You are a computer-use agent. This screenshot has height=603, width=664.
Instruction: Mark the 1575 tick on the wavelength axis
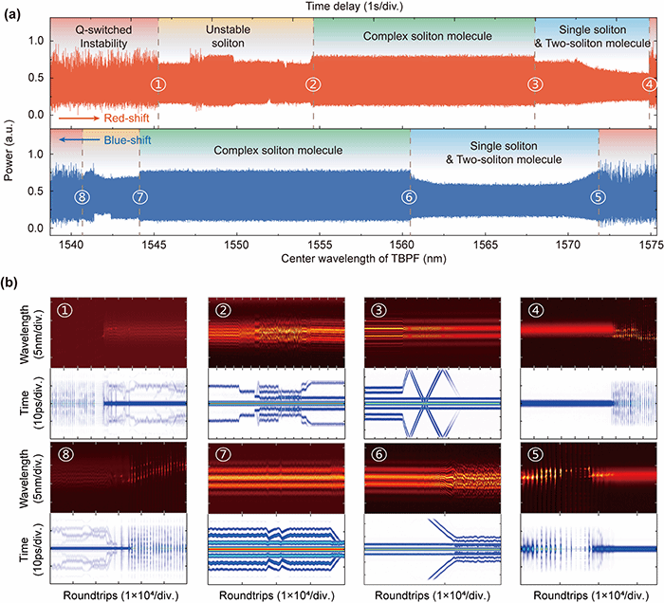[651, 244]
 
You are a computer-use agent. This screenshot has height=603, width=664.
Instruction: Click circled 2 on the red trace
[312, 83]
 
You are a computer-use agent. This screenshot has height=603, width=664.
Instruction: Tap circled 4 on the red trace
[648, 83]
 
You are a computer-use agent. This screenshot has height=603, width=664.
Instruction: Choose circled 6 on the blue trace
[409, 197]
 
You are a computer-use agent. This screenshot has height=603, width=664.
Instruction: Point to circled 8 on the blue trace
[83, 197]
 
